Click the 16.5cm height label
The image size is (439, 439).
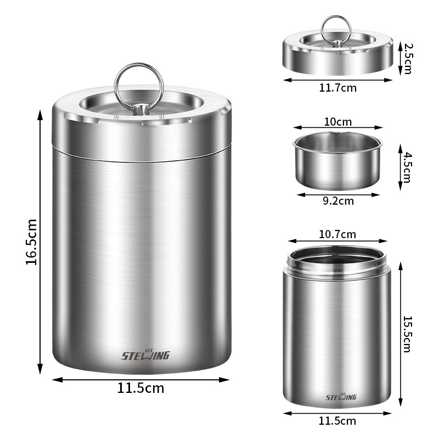click(x=31, y=242)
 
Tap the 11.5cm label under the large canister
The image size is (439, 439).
click(x=140, y=388)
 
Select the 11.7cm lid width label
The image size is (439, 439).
click(x=338, y=88)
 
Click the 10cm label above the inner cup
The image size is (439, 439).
click(x=338, y=122)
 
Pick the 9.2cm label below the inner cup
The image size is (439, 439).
click(x=338, y=201)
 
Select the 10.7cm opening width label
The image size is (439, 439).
click(x=337, y=234)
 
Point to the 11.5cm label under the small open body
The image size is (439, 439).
click(x=337, y=421)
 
